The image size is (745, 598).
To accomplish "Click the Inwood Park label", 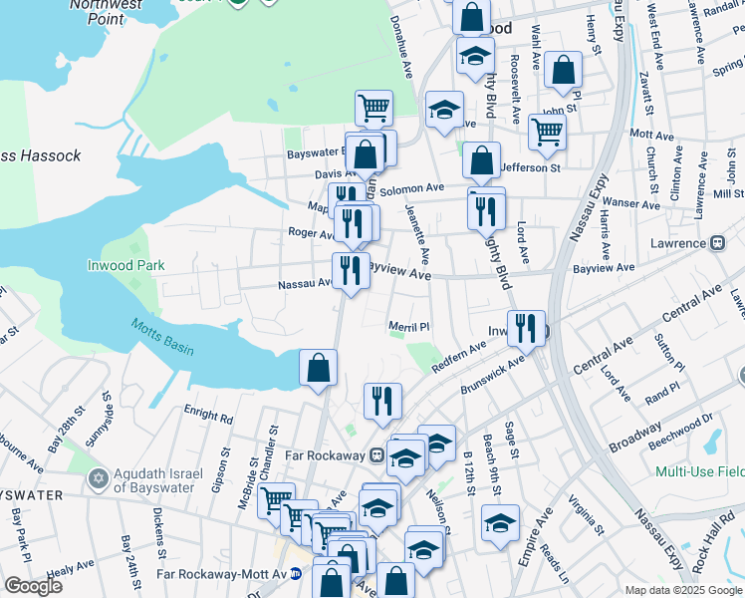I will (125, 266).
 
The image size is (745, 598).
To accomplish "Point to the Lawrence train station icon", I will (716, 243).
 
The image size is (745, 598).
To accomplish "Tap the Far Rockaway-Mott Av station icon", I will (296, 574).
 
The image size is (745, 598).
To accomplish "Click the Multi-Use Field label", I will (698, 469).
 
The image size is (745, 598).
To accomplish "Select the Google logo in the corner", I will (33, 586).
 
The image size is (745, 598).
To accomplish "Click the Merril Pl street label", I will (407, 326).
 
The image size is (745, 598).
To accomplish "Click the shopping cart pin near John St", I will (547, 131).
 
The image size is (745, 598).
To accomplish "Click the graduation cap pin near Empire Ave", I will (500, 522).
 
